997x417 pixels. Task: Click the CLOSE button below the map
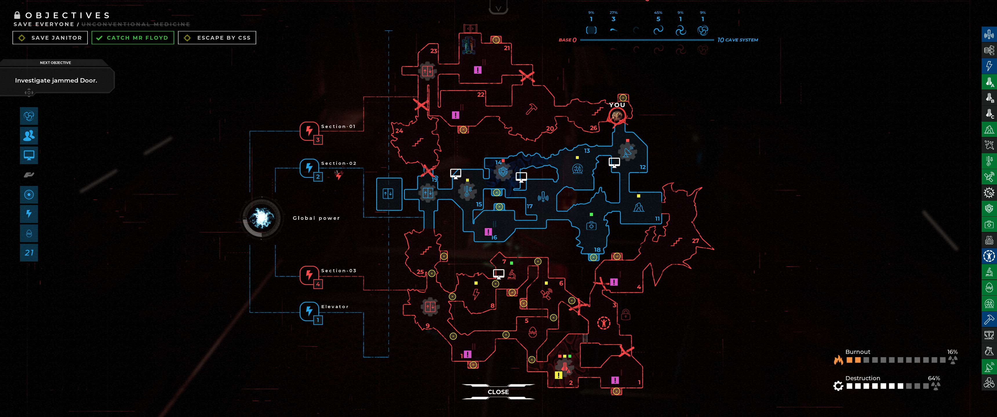(498, 392)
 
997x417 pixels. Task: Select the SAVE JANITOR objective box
(50, 38)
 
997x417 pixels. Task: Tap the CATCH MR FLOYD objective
(133, 38)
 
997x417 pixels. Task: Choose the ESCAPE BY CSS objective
(217, 38)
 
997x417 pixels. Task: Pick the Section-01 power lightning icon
(309, 130)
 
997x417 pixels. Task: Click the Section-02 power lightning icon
(309, 167)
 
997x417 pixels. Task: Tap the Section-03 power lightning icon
(309, 275)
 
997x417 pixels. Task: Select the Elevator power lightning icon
(309, 311)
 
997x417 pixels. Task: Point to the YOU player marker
(617, 115)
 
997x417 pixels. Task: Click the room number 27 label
(696, 241)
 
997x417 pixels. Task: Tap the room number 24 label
(399, 131)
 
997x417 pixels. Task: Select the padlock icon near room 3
(625, 314)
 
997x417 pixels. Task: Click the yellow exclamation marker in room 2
(558, 375)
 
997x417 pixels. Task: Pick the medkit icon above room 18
(591, 226)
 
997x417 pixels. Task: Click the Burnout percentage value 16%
(952, 352)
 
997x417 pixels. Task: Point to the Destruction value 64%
(934, 378)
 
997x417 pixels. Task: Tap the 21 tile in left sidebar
(29, 253)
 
